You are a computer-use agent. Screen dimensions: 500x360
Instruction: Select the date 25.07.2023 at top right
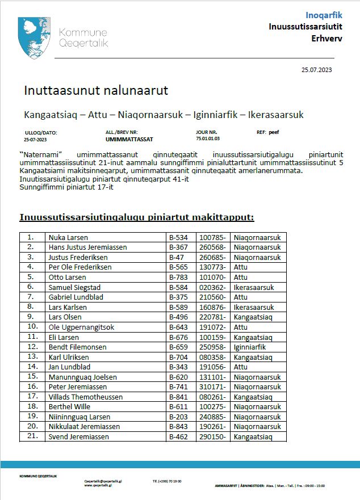[316, 70]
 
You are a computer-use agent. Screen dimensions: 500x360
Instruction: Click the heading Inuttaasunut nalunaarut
[96, 91]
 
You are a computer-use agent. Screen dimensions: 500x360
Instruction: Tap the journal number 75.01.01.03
[208, 138]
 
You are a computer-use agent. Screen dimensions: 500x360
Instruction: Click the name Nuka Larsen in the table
[69, 237]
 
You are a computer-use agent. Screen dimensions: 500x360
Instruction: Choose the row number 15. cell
[32, 377]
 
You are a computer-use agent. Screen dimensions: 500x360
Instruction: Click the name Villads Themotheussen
[85, 397]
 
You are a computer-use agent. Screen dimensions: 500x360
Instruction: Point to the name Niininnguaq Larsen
[80, 417]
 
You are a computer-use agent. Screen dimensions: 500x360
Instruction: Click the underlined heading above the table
[137, 217]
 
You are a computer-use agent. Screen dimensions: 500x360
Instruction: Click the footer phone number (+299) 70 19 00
[167, 481]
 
